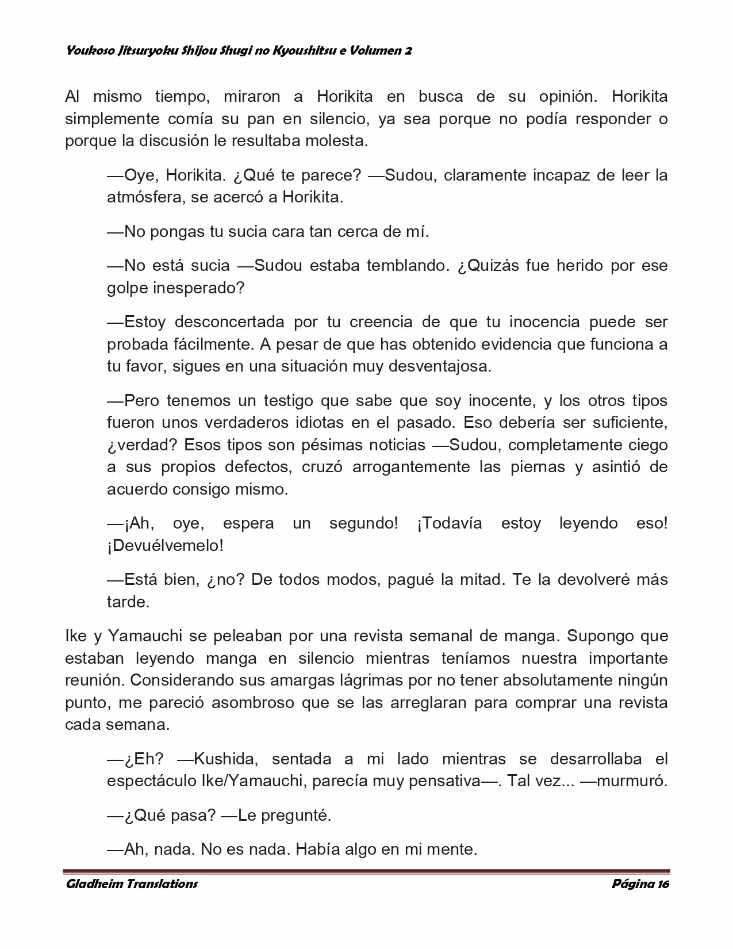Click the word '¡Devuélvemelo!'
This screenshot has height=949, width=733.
pyautogui.click(x=165, y=546)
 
